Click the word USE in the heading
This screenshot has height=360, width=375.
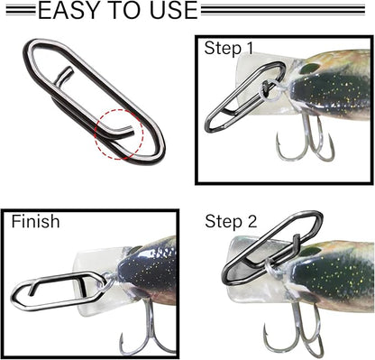168,11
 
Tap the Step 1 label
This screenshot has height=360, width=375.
229,48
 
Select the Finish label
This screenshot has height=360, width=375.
37,220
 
